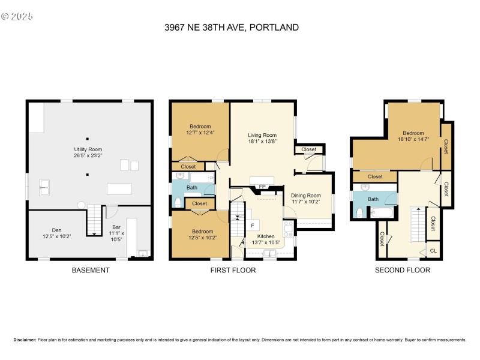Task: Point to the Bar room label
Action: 117,227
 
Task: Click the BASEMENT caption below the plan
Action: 90,270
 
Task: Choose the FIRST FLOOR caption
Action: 233,270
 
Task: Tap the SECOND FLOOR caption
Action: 402,270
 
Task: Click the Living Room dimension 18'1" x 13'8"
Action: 262,142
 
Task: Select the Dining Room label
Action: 306,195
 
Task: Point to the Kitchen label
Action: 266,236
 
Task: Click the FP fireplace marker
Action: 262,187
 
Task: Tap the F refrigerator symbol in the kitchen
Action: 253,225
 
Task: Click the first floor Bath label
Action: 191,188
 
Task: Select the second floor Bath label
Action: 373,199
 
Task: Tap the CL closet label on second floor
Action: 434,250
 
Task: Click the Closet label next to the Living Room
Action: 308,149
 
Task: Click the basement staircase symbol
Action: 95,220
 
